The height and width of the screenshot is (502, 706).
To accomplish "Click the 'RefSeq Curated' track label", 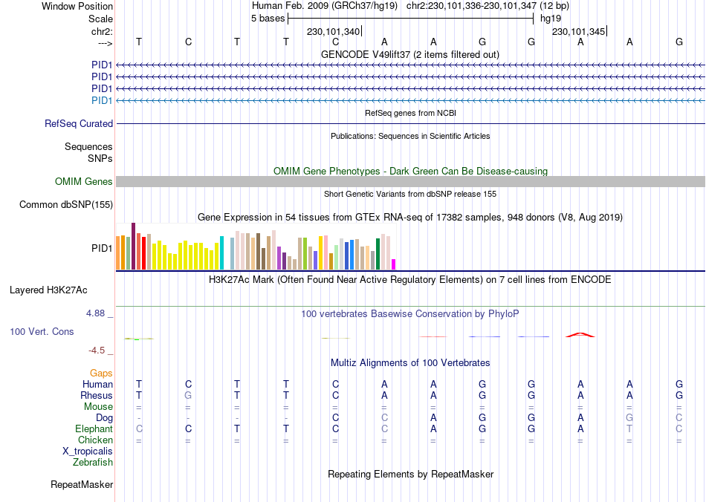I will click(x=79, y=124).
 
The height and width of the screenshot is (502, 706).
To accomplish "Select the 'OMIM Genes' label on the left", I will click(x=84, y=182).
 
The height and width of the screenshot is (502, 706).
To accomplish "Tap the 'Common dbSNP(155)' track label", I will click(x=66, y=205).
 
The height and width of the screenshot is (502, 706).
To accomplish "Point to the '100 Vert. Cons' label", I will click(x=42, y=331).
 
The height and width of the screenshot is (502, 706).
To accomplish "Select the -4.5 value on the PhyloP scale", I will click(x=97, y=351).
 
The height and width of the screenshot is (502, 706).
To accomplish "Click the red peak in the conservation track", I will click(x=580, y=334).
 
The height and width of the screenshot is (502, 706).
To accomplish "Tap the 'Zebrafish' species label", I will click(x=93, y=463).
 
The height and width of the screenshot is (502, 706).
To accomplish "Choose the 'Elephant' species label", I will click(x=94, y=429).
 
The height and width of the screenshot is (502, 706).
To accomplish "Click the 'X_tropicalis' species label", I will click(x=88, y=452).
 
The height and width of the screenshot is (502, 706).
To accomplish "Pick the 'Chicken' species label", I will click(x=94, y=440).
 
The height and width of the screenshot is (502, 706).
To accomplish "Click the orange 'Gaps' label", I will click(x=101, y=373).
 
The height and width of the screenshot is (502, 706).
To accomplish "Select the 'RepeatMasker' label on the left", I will click(x=82, y=485).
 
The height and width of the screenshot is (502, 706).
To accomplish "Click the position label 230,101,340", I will click(x=333, y=31).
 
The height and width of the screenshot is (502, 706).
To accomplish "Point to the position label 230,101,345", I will click(x=578, y=31).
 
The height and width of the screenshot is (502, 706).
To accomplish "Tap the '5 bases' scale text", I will click(x=268, y=19).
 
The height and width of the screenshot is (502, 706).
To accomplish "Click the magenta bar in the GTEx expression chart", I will click(x=394, y=264).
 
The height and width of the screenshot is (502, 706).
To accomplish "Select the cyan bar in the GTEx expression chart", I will click(x=221, y=252).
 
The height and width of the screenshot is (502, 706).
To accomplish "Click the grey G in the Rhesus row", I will click(x=188, y=396).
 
